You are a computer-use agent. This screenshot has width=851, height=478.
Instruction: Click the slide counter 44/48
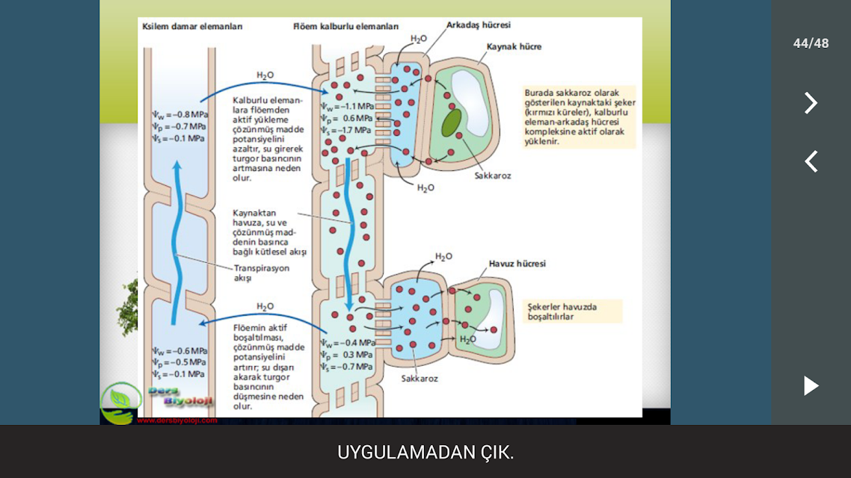click(x=811, y=43)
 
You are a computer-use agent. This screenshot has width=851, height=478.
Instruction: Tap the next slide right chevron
click(x=811, y=102)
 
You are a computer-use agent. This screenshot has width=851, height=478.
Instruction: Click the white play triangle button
click(x=811, y=386)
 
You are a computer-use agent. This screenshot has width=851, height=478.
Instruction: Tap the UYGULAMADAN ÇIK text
click(x=425, y=452)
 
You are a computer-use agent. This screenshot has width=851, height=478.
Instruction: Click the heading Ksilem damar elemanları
click(x=192, y=26)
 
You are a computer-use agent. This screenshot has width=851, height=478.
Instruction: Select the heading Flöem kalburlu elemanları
click(x=345, y=26)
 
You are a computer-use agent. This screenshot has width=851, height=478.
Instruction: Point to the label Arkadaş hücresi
click(x=478, y=25)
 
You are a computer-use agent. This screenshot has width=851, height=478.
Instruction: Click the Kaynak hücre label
click(x=514, y=46)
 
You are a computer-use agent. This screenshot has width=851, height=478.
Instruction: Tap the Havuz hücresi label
click(x=517, y=264)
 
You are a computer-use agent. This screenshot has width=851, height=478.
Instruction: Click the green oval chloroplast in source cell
click(x=452, y=122)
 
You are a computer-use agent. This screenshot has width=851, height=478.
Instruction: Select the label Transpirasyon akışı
click(x=262, y=273)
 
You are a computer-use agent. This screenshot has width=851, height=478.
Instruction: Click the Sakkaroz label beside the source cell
click(x=493, y=176)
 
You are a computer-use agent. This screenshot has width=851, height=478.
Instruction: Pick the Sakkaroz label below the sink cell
click(x=420, y=378)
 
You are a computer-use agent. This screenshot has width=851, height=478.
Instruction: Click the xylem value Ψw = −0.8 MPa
click(x=179, y=114)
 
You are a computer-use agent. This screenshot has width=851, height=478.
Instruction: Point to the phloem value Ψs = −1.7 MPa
click(x=345, y=130)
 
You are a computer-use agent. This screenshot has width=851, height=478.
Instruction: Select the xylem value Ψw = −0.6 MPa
click(x=179, y=350)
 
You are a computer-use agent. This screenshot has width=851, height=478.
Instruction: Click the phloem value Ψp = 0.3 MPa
click(x=346, y=355)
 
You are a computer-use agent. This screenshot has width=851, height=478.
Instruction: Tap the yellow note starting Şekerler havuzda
click(x=572, y=311)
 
